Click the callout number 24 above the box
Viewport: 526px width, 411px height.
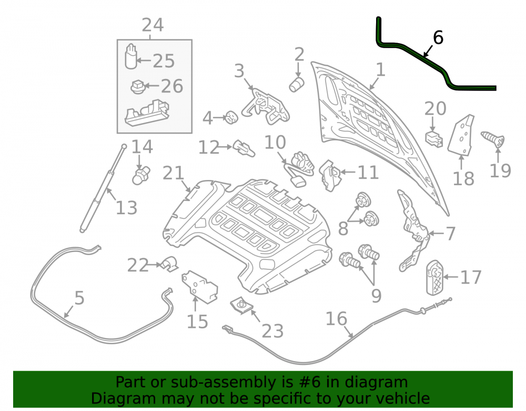point(153,25)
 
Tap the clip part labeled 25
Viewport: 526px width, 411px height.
point(131,56)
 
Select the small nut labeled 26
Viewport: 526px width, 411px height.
point(137,87)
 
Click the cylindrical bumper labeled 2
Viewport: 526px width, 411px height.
point(297,84)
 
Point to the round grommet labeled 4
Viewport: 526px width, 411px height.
point(231,117)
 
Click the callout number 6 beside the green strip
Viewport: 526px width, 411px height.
point(438,37)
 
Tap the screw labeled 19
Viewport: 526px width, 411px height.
point(493,139)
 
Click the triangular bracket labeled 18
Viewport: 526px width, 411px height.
point(461,135)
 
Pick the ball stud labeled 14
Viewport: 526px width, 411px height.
point(141,175)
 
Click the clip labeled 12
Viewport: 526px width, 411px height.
point(244,148)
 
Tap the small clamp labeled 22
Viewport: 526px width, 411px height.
point(169,264)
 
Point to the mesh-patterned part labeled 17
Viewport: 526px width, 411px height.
point(435,278)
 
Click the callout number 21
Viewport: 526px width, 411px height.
point(174,173)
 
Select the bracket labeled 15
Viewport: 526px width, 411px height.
point(199,286)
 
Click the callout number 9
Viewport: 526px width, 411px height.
point(377,296)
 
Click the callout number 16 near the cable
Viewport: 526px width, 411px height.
point(336,319)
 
